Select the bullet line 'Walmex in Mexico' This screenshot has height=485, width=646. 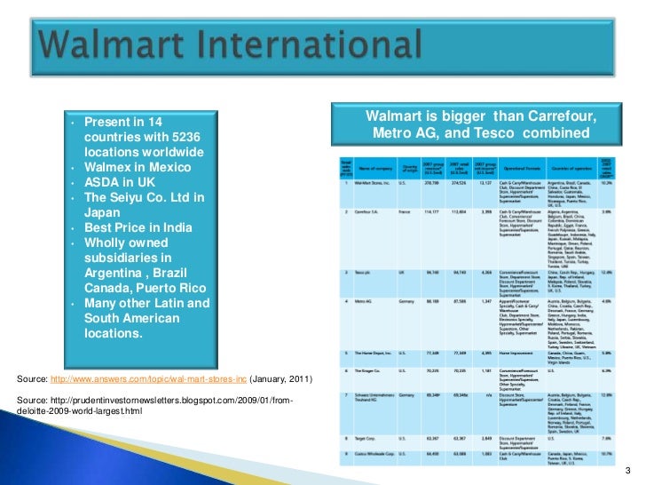[x=137, y=167]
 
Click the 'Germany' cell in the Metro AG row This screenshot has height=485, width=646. [x=407, y=302]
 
